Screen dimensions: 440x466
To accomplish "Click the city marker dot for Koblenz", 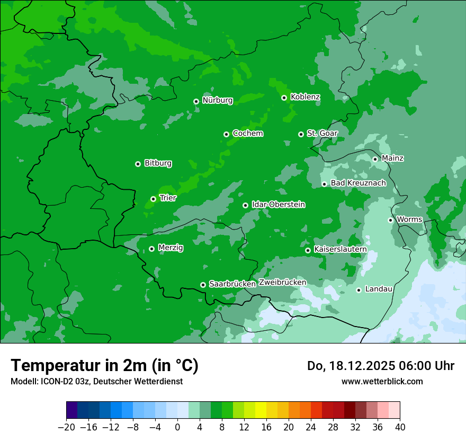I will pos(284,98).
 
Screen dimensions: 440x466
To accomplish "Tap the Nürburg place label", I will pos(217,100).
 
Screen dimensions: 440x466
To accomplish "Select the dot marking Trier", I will pos(153,199).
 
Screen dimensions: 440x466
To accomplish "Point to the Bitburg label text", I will pos(158,163).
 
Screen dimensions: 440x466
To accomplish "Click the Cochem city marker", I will pos(226,134).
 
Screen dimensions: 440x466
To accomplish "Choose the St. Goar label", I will pos(322,133).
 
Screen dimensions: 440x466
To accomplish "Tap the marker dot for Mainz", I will pos(375,159).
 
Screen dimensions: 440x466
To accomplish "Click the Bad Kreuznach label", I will pos(358,183).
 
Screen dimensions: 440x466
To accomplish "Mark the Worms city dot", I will pos(390,220).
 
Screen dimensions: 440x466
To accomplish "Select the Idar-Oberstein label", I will pos(278,205).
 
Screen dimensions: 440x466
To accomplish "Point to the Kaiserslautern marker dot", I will pos(308,250).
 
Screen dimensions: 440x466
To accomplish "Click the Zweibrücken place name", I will pos(282,283).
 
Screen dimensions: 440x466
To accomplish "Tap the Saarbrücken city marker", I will pos(203,285).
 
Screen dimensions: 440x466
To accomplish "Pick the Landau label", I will pos(379,289).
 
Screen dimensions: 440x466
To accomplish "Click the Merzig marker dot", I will pos(151,249).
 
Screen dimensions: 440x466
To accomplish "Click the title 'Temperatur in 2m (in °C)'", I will pos(105,366).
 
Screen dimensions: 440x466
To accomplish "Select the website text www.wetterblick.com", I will pos(382,381).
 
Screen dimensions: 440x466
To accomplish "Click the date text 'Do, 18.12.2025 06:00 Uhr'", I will pos(380,366).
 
